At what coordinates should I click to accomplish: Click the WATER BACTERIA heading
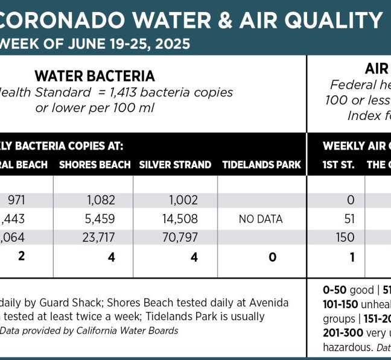[95, 76]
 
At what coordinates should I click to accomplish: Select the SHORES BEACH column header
[95, 165]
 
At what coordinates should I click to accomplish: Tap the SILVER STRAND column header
[175, 165]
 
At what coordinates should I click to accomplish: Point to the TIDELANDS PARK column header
[261, 165]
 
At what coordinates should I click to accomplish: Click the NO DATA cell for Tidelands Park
[261, 219]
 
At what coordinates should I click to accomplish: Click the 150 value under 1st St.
[345, 238]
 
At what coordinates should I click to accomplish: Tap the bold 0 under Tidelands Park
[272, 257]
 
